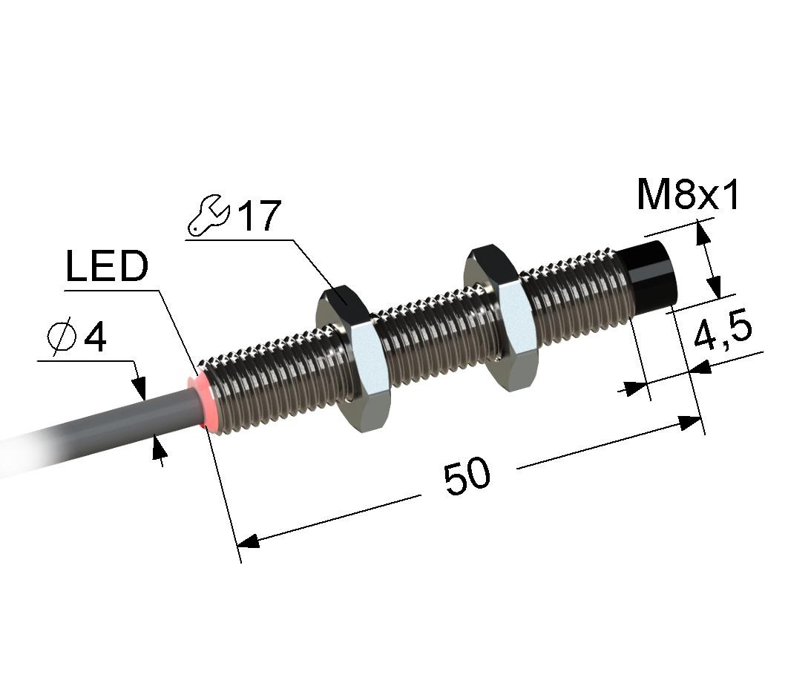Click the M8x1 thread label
688,195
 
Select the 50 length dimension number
467,475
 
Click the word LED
107,265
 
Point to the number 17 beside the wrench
259,216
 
